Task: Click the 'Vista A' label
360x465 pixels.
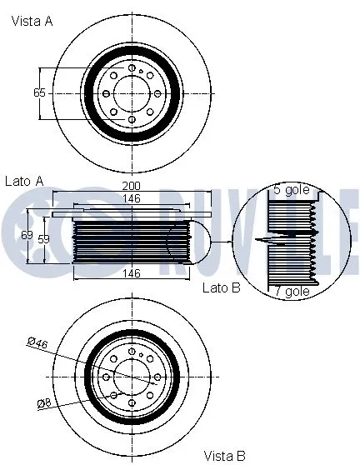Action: coord(32,22)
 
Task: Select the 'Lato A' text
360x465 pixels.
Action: coord(24,180)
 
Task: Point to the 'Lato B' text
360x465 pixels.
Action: coord(221,287)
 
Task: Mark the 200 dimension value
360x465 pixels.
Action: coord(130,185)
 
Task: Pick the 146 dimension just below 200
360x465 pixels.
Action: coord(130,199)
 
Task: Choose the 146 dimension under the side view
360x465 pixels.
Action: coord(130,272)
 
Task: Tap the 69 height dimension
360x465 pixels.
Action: coord(27,237)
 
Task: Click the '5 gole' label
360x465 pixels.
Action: coord(291,190)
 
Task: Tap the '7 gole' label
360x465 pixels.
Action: coord(291,291)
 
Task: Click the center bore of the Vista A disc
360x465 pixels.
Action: coord(132,92)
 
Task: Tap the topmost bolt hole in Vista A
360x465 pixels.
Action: coord(132,67)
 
